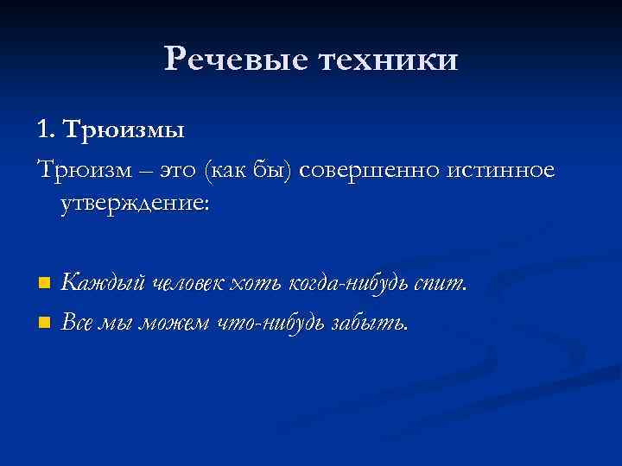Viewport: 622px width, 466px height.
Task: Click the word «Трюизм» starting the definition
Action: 78,171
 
